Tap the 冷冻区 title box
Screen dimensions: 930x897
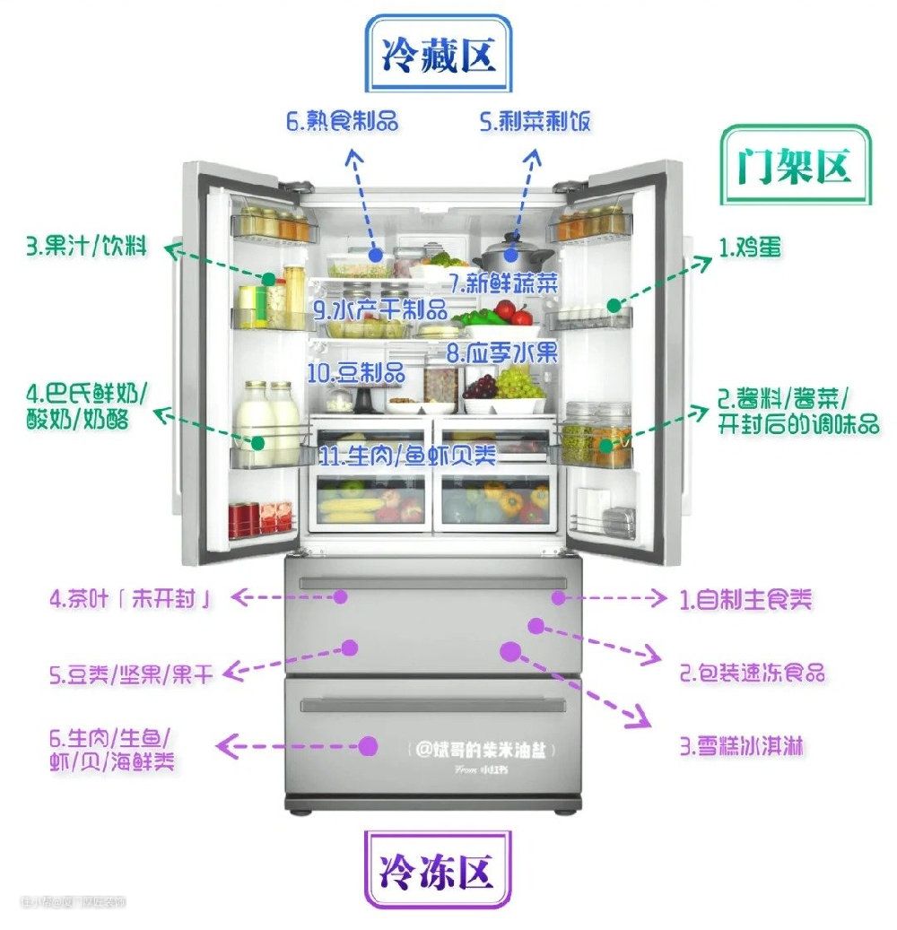(x=437, y=869)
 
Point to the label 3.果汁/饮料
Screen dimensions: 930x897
(x=87, y=246)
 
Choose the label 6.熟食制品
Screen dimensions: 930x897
(x=343, y=121)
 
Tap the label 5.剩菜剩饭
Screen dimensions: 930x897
(x=535, y=121)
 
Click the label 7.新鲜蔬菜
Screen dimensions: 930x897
(x=503, y=283)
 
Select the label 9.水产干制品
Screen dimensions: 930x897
(x=380, y=310)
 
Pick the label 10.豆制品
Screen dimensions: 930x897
(x=356, y=372)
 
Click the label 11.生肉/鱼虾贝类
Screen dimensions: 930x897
(x=408, y=455)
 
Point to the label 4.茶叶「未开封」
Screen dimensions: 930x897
(x=131, y=598)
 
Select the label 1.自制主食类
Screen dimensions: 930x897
(x=745, y=598)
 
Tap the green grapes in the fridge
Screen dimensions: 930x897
(x=519, y=384)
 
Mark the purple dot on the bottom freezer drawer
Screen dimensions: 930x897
(x=368, y=745)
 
